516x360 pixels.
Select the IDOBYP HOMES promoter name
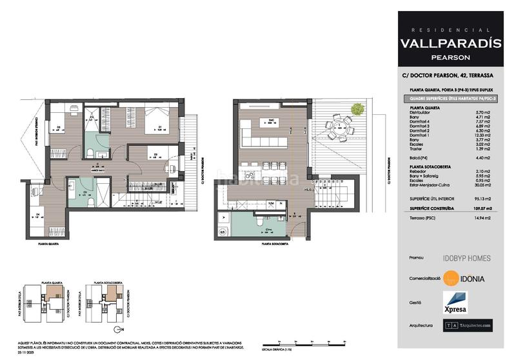[466, 258]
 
